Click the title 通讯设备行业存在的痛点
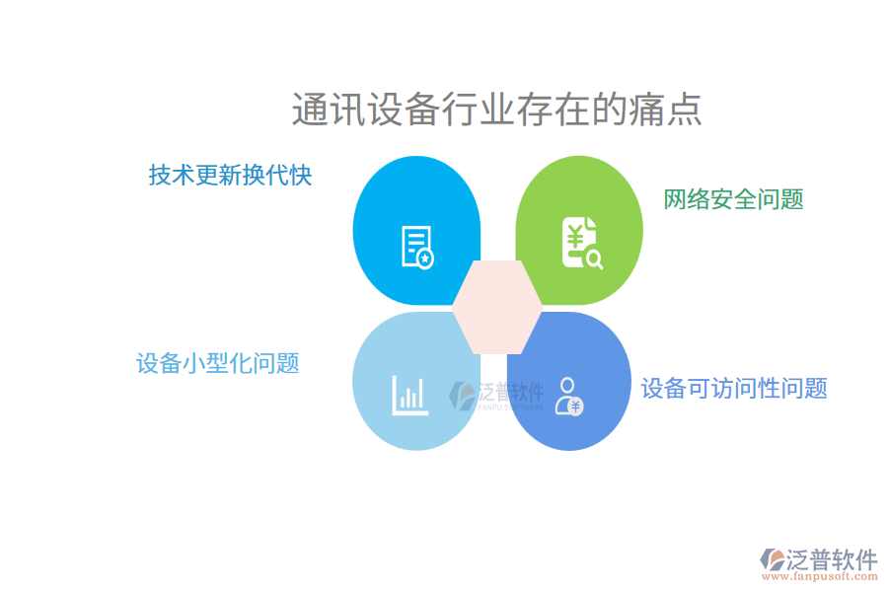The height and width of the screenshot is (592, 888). [x=496, y=110]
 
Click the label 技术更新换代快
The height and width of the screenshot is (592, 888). [x=230, y=176]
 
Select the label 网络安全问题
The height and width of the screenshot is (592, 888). [x=733, y=199]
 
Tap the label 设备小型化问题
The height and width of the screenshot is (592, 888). [x=217, y=363]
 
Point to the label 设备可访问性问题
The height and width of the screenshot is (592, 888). [x=733, y=388]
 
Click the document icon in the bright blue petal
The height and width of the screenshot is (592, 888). [x=416, y=247]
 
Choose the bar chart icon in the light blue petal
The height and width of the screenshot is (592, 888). [x=409, y=394]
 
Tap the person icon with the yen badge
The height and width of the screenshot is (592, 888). [x=568, y=395]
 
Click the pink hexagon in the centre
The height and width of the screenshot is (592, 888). [x=497, y=307]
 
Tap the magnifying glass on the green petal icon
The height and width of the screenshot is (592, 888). [x=594, y=259]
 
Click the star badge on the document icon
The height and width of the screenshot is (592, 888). [x=425, y=259]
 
